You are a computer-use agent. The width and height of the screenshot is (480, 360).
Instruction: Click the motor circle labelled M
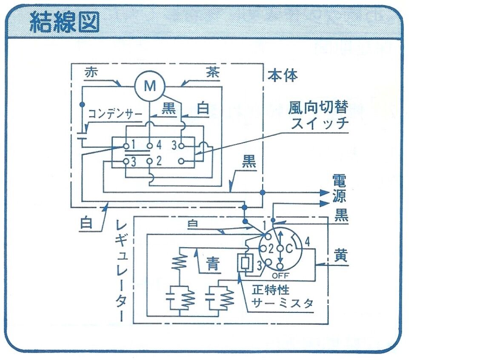click(x=149, y=86)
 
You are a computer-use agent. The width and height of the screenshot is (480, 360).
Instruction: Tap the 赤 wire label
click(x=91, y=73)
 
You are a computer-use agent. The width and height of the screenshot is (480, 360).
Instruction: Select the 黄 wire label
click(x=341, y=255)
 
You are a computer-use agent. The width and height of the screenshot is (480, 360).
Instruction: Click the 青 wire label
click(x=213, y=264)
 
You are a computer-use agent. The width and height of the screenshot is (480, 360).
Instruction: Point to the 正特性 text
click(x=271, y=290)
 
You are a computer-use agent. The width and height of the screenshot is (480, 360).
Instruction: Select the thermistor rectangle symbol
click(x=244, y=264)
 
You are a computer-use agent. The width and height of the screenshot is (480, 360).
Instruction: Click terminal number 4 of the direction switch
click(x=159, y=146)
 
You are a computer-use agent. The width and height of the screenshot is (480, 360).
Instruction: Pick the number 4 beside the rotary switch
click(x=308, y=243)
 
